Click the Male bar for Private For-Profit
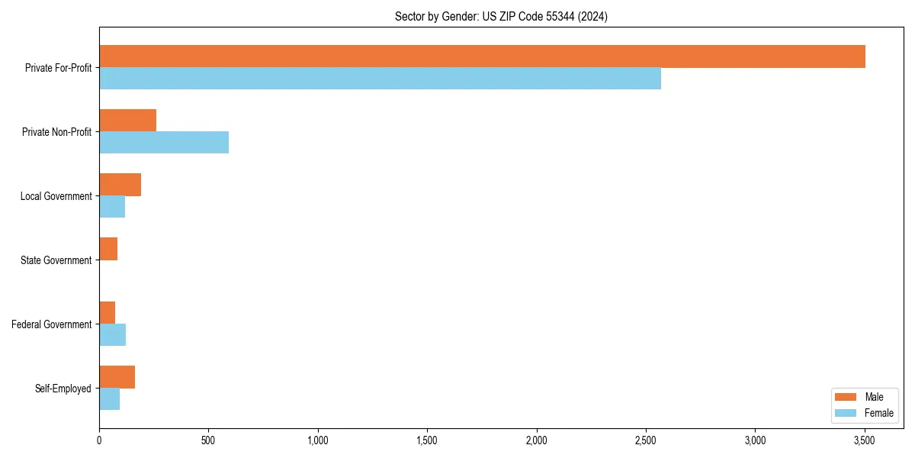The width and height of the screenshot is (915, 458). tap(482, 56)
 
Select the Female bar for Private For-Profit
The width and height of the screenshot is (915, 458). tap(380, 79)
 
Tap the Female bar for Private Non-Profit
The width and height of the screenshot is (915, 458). tap(164, 143)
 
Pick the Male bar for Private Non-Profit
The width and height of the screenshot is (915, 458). tap(127, 121)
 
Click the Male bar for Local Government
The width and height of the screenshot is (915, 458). tap(120, 185)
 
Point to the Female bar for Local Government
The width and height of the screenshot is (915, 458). tap(112, 207)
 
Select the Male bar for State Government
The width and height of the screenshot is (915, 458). tap(108, 249)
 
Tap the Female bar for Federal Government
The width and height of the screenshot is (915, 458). tap(112, 335)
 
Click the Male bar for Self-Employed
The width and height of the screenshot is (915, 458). tap(117, 377)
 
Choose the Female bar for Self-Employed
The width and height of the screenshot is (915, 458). tap(109, 399)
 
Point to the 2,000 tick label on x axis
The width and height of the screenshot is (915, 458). tap(537, 441)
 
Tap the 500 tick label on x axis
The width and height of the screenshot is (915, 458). tap(208, 441)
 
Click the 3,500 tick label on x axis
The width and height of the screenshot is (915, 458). tap(865, 441)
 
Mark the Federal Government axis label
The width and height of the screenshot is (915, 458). tap(52, 324)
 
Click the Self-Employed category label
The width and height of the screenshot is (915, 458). tap(63, 389)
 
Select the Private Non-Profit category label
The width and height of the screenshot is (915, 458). tap(56, 132)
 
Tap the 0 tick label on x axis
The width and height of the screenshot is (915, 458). tap(99, 441)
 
